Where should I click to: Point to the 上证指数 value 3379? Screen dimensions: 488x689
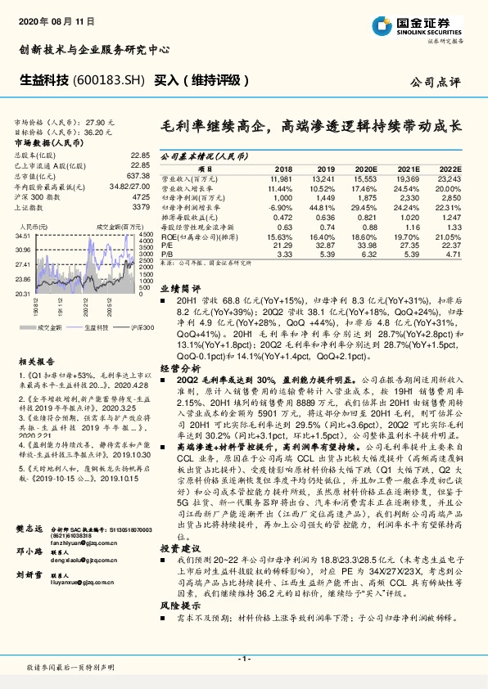pos(142,207)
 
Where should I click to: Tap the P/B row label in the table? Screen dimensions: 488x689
pos(167,254)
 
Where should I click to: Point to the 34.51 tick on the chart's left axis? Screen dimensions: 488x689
pos(23,236)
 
